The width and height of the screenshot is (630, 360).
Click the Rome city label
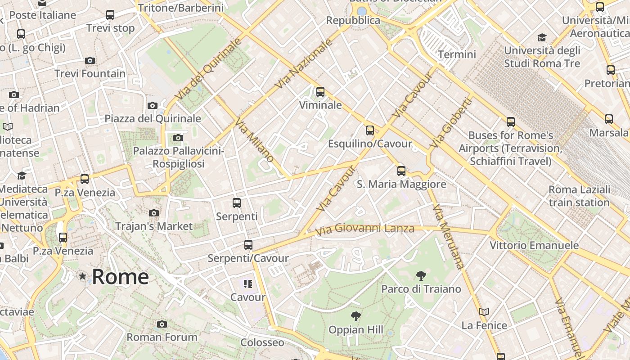tap(120, 276)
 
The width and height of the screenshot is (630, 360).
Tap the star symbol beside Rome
tap(82, 276)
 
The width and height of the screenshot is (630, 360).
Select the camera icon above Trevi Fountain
tap(90, 60)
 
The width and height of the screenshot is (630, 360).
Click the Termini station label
tap(457, 54)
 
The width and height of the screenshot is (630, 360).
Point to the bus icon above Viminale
tap(320, 92)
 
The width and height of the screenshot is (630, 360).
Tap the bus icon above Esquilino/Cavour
tap(370, 130)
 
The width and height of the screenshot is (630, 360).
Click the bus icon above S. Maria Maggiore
tap(401, 171)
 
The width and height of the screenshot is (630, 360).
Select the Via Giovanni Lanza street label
tap(364, 229)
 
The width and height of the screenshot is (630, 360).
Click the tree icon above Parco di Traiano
tap(421, 275)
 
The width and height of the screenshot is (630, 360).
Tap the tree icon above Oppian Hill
tap(356, 316)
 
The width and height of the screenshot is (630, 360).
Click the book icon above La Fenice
tap(484, 312)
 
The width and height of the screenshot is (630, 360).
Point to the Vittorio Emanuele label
tap(534, 245)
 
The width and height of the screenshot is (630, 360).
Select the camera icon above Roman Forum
tap(162, 324)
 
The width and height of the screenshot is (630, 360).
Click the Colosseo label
tap(262, 342)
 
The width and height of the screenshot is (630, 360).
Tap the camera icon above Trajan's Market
tap(154, 213)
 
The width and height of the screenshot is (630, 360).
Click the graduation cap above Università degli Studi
tap(542, 37)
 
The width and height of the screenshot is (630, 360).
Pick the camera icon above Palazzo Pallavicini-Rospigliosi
tap(178, 138)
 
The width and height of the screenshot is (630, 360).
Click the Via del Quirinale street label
tap(208, 69)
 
